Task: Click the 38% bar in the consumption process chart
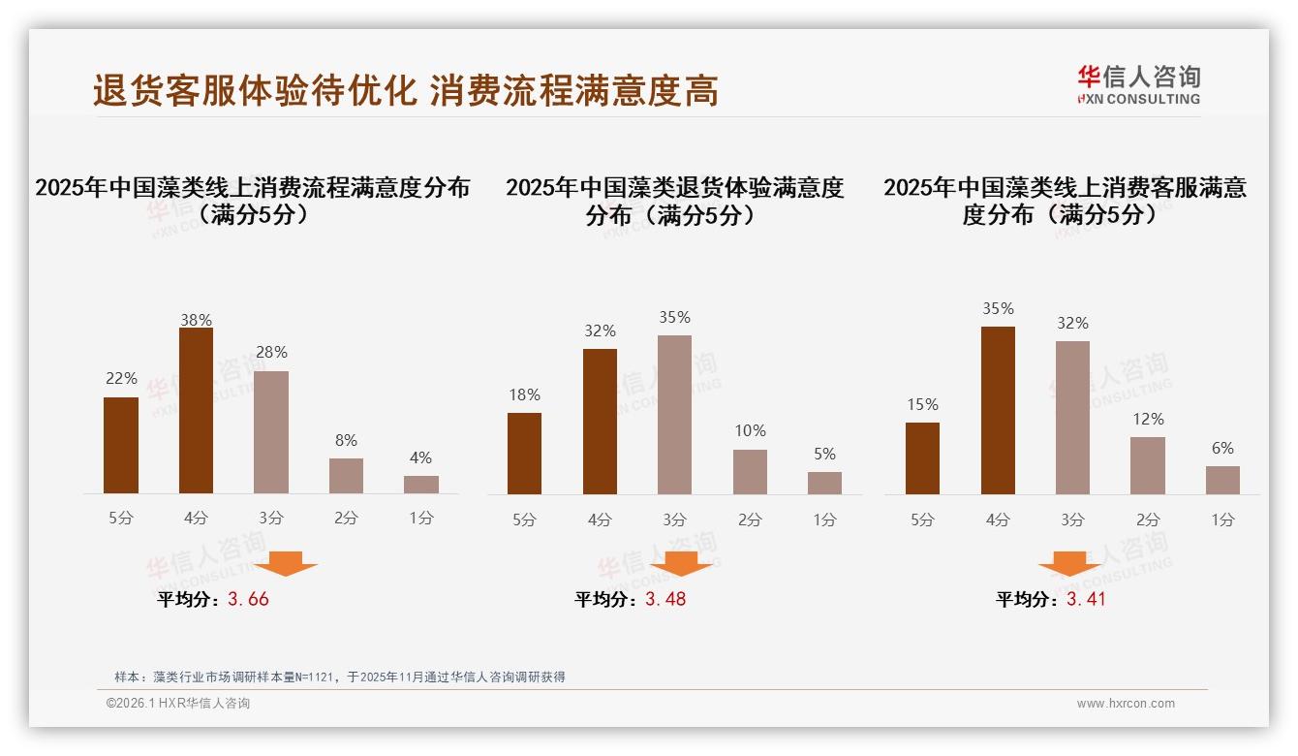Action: point(196,411)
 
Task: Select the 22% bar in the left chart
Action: point(121,445)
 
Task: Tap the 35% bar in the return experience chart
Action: point(674,415)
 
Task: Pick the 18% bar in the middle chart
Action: point(524,454)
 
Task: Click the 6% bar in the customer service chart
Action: point(1222,480)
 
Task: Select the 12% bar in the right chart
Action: point(1148,465)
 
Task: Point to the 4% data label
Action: point(420,457)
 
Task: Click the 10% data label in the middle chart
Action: point(750,430)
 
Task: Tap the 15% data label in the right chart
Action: point(922,404)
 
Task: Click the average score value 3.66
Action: point(248,599)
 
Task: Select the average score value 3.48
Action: point(665,599)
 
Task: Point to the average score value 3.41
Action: point(1086,599)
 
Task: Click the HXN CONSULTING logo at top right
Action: point(1138,85)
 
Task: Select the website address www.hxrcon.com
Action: point(1126,704)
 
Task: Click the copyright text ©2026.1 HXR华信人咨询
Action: point(178,704)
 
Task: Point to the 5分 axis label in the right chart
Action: point(922,520)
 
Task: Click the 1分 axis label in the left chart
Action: point(420,518)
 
